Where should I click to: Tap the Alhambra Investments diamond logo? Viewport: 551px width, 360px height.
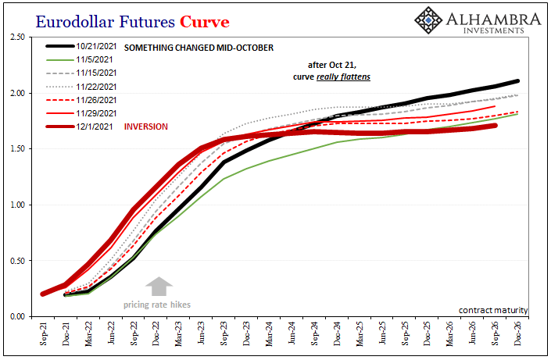coord(428,19)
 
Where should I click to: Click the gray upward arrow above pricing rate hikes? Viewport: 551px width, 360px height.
coord(159,286)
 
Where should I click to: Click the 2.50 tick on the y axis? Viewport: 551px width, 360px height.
coord(17,37)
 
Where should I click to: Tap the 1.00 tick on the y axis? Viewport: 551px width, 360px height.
coord(17,205)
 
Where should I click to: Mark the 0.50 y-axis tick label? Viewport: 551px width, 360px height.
coord(17,261)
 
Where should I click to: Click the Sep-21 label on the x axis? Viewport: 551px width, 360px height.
coord(43,337)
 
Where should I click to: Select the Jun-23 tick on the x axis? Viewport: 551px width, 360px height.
coord(202,337)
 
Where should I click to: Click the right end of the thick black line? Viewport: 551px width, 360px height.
coord(518,81)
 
